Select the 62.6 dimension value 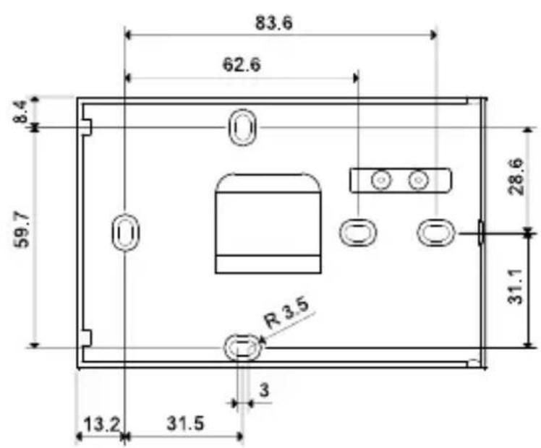coord(242,64)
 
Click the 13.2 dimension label coord(102,424)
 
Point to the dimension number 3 coord(264,390)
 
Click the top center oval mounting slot coord(242,128)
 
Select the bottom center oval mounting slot coord(241,348)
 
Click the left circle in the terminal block coord(379,179)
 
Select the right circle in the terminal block coord(417,179)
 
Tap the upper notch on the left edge coord(85,127)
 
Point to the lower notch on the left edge coord(85,337)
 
